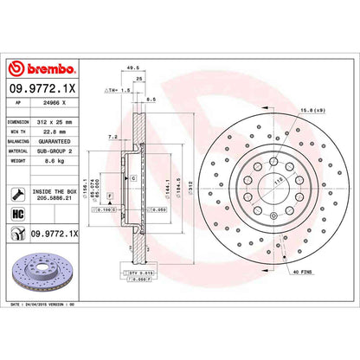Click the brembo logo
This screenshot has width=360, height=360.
coord(43,68)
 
